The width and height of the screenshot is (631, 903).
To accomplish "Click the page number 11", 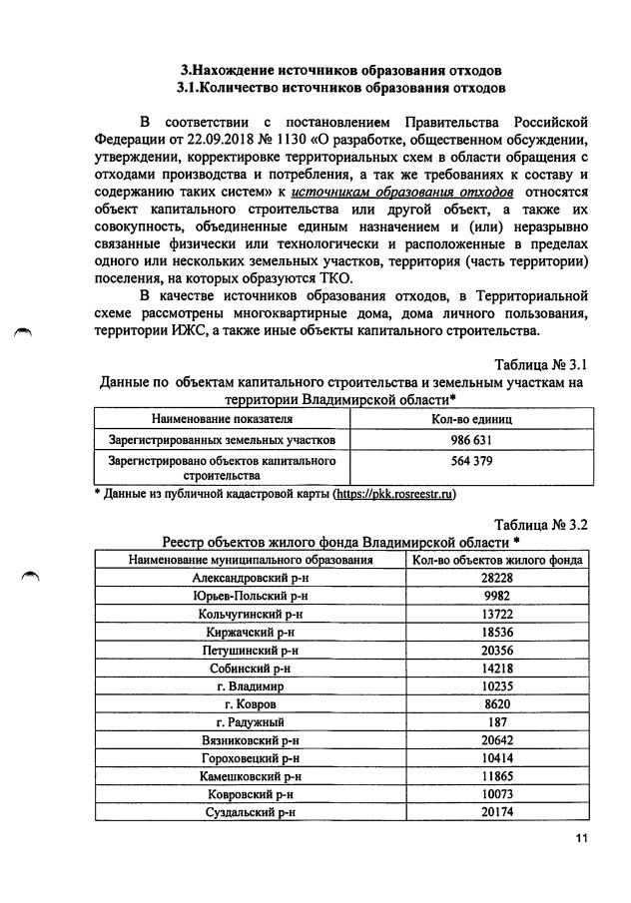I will coord(582,837).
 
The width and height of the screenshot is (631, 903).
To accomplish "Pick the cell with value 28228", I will coord(497,578).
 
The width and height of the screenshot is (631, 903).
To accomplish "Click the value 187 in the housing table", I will coord(497,721).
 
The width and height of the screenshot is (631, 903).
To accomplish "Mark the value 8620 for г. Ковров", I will coord(497,704).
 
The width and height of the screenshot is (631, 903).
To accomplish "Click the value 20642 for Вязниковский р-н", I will coord(497,740).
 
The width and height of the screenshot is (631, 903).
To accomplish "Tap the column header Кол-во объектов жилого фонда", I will coord(497,560).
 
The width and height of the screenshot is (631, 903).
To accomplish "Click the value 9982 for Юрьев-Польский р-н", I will coord(497,596).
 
